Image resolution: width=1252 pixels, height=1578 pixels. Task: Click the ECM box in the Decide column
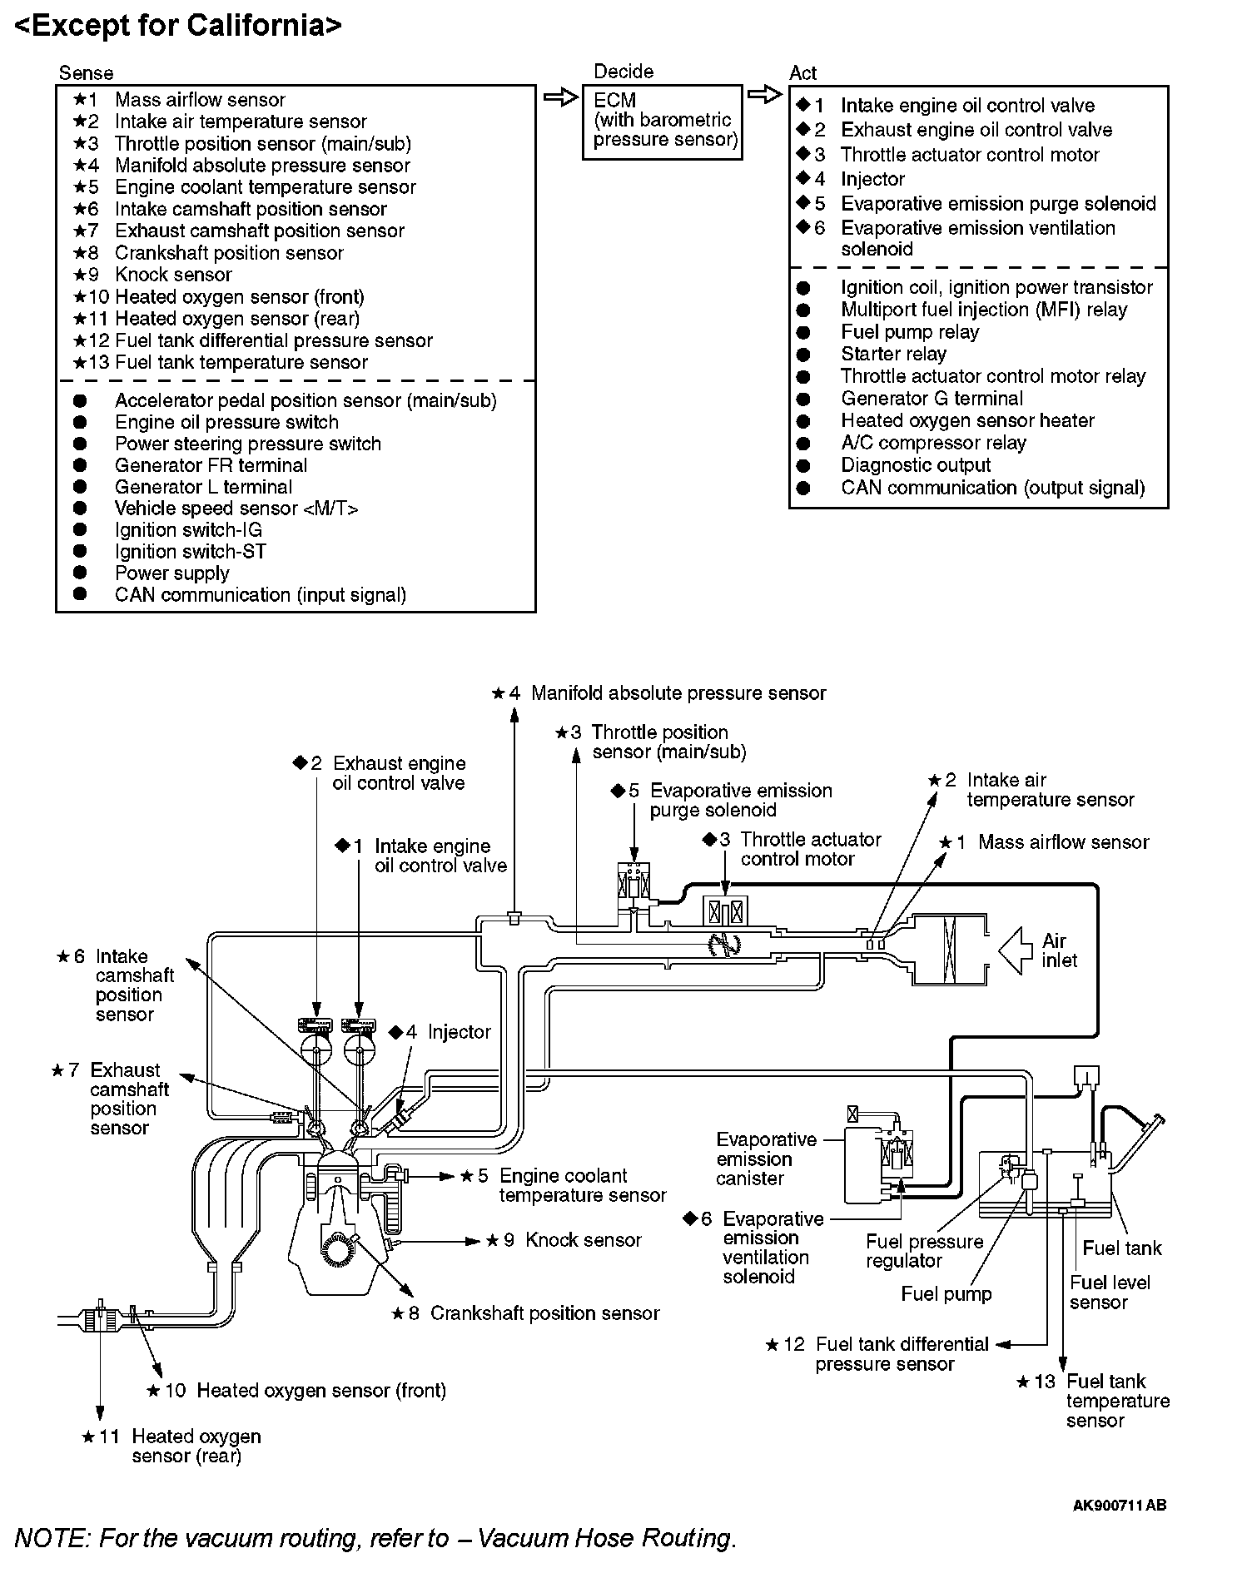click(x=662, y=121)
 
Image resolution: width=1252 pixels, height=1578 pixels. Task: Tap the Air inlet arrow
click(x=1015, y=950)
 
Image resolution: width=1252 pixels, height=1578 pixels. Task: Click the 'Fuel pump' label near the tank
click(x=946, y=1293)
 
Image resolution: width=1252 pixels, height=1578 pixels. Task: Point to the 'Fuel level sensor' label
click(x=1109, y=1293)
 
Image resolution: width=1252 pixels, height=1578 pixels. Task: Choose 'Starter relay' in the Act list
click(x=893, y=354)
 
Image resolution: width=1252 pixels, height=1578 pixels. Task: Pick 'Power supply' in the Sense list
click(x=171, y=573)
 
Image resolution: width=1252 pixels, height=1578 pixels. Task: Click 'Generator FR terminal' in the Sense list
click(x=211, y=465)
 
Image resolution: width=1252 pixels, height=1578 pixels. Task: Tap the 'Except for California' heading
click(x=178, y=25)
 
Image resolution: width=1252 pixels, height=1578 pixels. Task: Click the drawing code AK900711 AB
click(x=1119, y=1505)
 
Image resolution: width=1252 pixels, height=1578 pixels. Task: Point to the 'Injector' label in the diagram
click(x=459, y=1032)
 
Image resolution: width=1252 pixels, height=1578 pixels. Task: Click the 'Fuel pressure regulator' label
click(x=924, y=1251)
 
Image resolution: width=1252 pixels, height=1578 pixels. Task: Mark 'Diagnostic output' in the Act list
click(x=916, y=465)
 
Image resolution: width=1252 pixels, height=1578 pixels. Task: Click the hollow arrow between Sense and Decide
click(x=560, y=97)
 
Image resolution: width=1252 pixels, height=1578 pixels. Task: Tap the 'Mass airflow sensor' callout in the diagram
click(x=1063, y=842)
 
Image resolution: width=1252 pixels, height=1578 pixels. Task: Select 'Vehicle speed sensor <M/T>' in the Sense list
click(x=236, y=509)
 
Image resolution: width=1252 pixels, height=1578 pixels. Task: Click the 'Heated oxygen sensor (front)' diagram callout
click(x=321, y=1391)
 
